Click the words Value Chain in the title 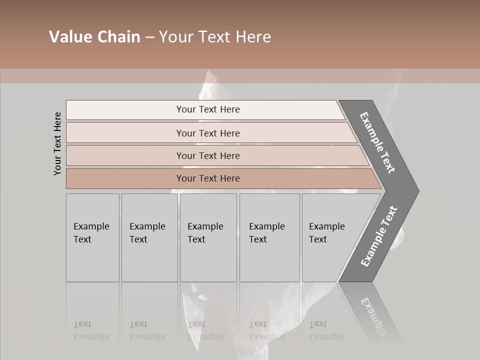pos(94,37)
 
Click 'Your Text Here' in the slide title pos(215,37)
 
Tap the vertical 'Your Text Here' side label pos(57,143)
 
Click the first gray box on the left pos(92,237)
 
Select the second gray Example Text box pos(149,237)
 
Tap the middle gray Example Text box pos(208,237)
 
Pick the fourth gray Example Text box pos(269,237)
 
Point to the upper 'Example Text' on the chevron pos(377,142)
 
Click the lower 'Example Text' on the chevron pos(379,236)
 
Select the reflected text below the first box pos(91,330)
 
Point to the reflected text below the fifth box pos(326,330)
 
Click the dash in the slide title pos(149,37)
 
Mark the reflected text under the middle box pos(205,330)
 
